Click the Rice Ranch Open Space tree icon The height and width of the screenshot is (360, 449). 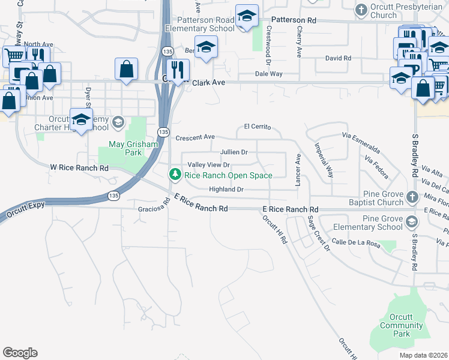pyautogui.click(x=175, y=175)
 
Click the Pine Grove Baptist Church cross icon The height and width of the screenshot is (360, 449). pyautogui.click(x=412, y=196)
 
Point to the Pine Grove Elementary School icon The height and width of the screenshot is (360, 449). pyautogui.click(x=412, y=222)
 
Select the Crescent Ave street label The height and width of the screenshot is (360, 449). pyautogui.click(x=195, y=137)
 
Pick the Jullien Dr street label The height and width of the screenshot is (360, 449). pyautogui.click(x=234, y=152)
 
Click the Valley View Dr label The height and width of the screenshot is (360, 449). pyautogui.click(x=209, y=165)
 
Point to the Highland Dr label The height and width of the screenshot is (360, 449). pyautogui.click(x=226, y=190)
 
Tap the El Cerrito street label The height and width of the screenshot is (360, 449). pyautogui.click(x=258, y=127)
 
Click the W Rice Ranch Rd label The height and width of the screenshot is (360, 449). pyautogui.click(x=79, y=168)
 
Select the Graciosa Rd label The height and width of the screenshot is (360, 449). pyautogui.click(x=154, y=209)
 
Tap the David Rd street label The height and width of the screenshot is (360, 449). pyautogui.click(x=338, y=58)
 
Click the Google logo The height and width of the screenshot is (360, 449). pyautogui.click(x=20, y=353)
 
